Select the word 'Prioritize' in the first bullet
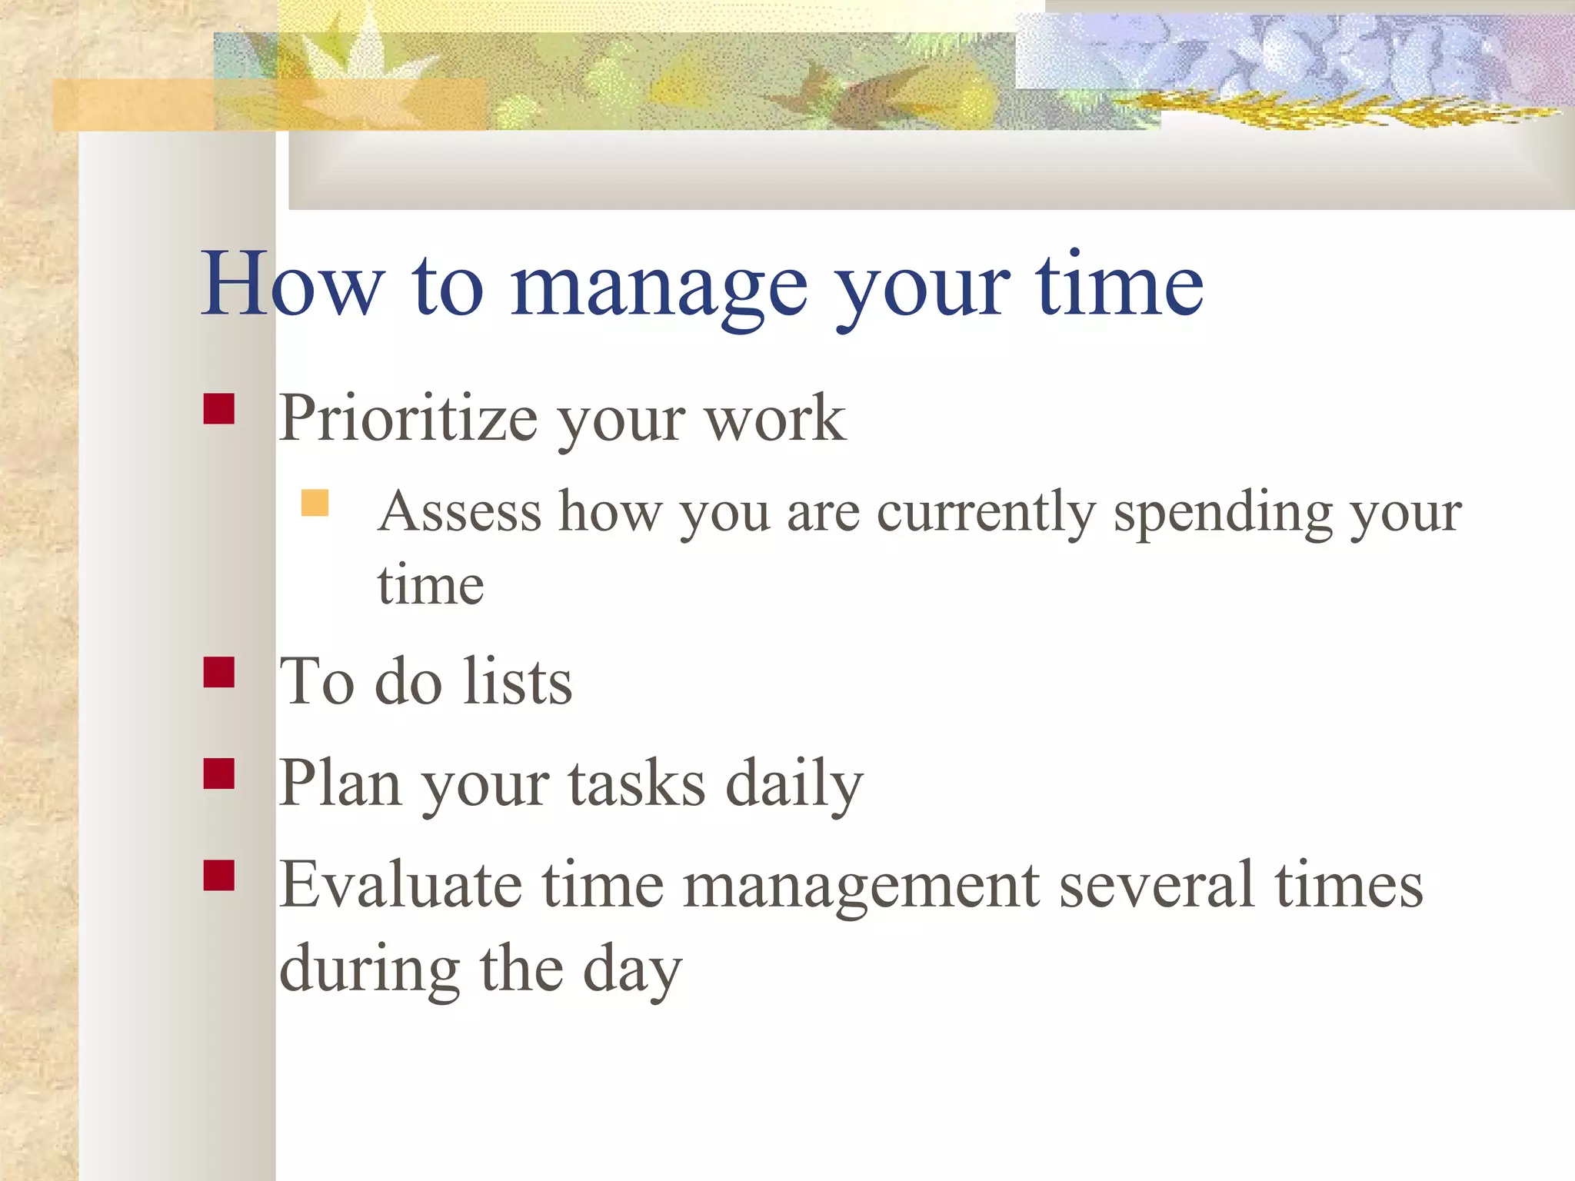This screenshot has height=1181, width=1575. pyautogui.click(x=408, y=419)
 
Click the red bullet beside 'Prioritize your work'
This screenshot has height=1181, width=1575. pyautogui.click(x=218, y=409)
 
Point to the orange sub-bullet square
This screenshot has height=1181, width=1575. pyautogui.click(x=315, y=503)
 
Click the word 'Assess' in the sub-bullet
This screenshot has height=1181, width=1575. pyautogui.click(x=460, y=512)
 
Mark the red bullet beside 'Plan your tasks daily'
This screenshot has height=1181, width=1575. pyautogui.click(x=218, y=773)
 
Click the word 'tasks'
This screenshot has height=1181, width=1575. pyautogui.click(x=637, y=784)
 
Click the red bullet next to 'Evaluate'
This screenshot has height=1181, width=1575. pyautogui.click(x=218, y=875)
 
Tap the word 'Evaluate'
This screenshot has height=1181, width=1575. pyautogui.click(x=400, y=886)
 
